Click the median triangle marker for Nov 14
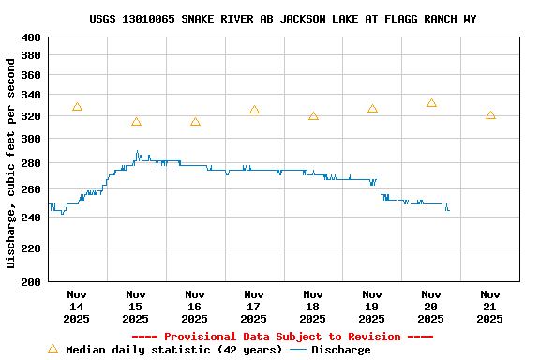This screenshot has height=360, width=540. point(77,108)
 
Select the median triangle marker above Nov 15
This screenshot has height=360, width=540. point(136,122)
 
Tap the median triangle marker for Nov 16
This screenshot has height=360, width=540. point(195,122)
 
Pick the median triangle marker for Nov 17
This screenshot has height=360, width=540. point(254,111)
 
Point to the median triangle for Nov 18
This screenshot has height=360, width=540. point(313,116)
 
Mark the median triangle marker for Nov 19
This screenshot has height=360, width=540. point(372,109)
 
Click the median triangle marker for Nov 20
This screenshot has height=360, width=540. point(431,103)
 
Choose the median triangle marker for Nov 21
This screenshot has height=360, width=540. point(490,115)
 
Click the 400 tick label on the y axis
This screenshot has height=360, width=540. point(31,37)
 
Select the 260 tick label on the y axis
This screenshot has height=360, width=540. point(31,189)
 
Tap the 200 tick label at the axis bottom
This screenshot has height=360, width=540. point(31,281)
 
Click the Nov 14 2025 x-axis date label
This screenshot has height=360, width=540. point(77,307)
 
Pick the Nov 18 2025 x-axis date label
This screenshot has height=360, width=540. point(313,307)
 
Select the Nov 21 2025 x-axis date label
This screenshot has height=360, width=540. point(490,307)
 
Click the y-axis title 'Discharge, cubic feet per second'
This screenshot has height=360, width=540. point(11,163)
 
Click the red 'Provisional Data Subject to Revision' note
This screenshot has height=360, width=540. point(282,337)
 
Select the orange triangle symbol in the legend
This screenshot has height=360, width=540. point(53,349)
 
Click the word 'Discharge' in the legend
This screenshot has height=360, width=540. point(340,350)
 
